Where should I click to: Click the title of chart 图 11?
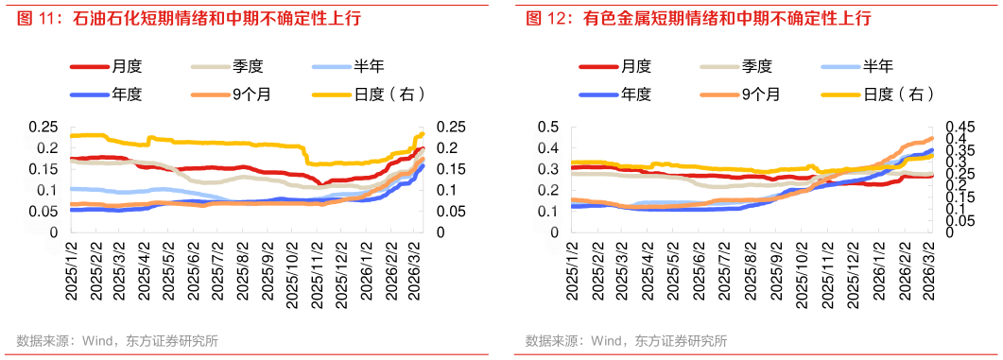pyautogui.click(x=189, y=19)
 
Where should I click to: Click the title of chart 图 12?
pyautogui.click(x=699, y=19)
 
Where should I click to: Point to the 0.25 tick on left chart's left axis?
pyautogui.click(x=42, y=128)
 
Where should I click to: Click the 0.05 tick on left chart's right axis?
pyautogui.click(x=450, y=212)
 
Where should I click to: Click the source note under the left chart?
pyautogui.click(x=117, y=341)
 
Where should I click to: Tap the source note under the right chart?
pyautogui.click(x=626, y=341)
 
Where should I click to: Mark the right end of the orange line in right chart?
pyautogui.click(x=932, y=139)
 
